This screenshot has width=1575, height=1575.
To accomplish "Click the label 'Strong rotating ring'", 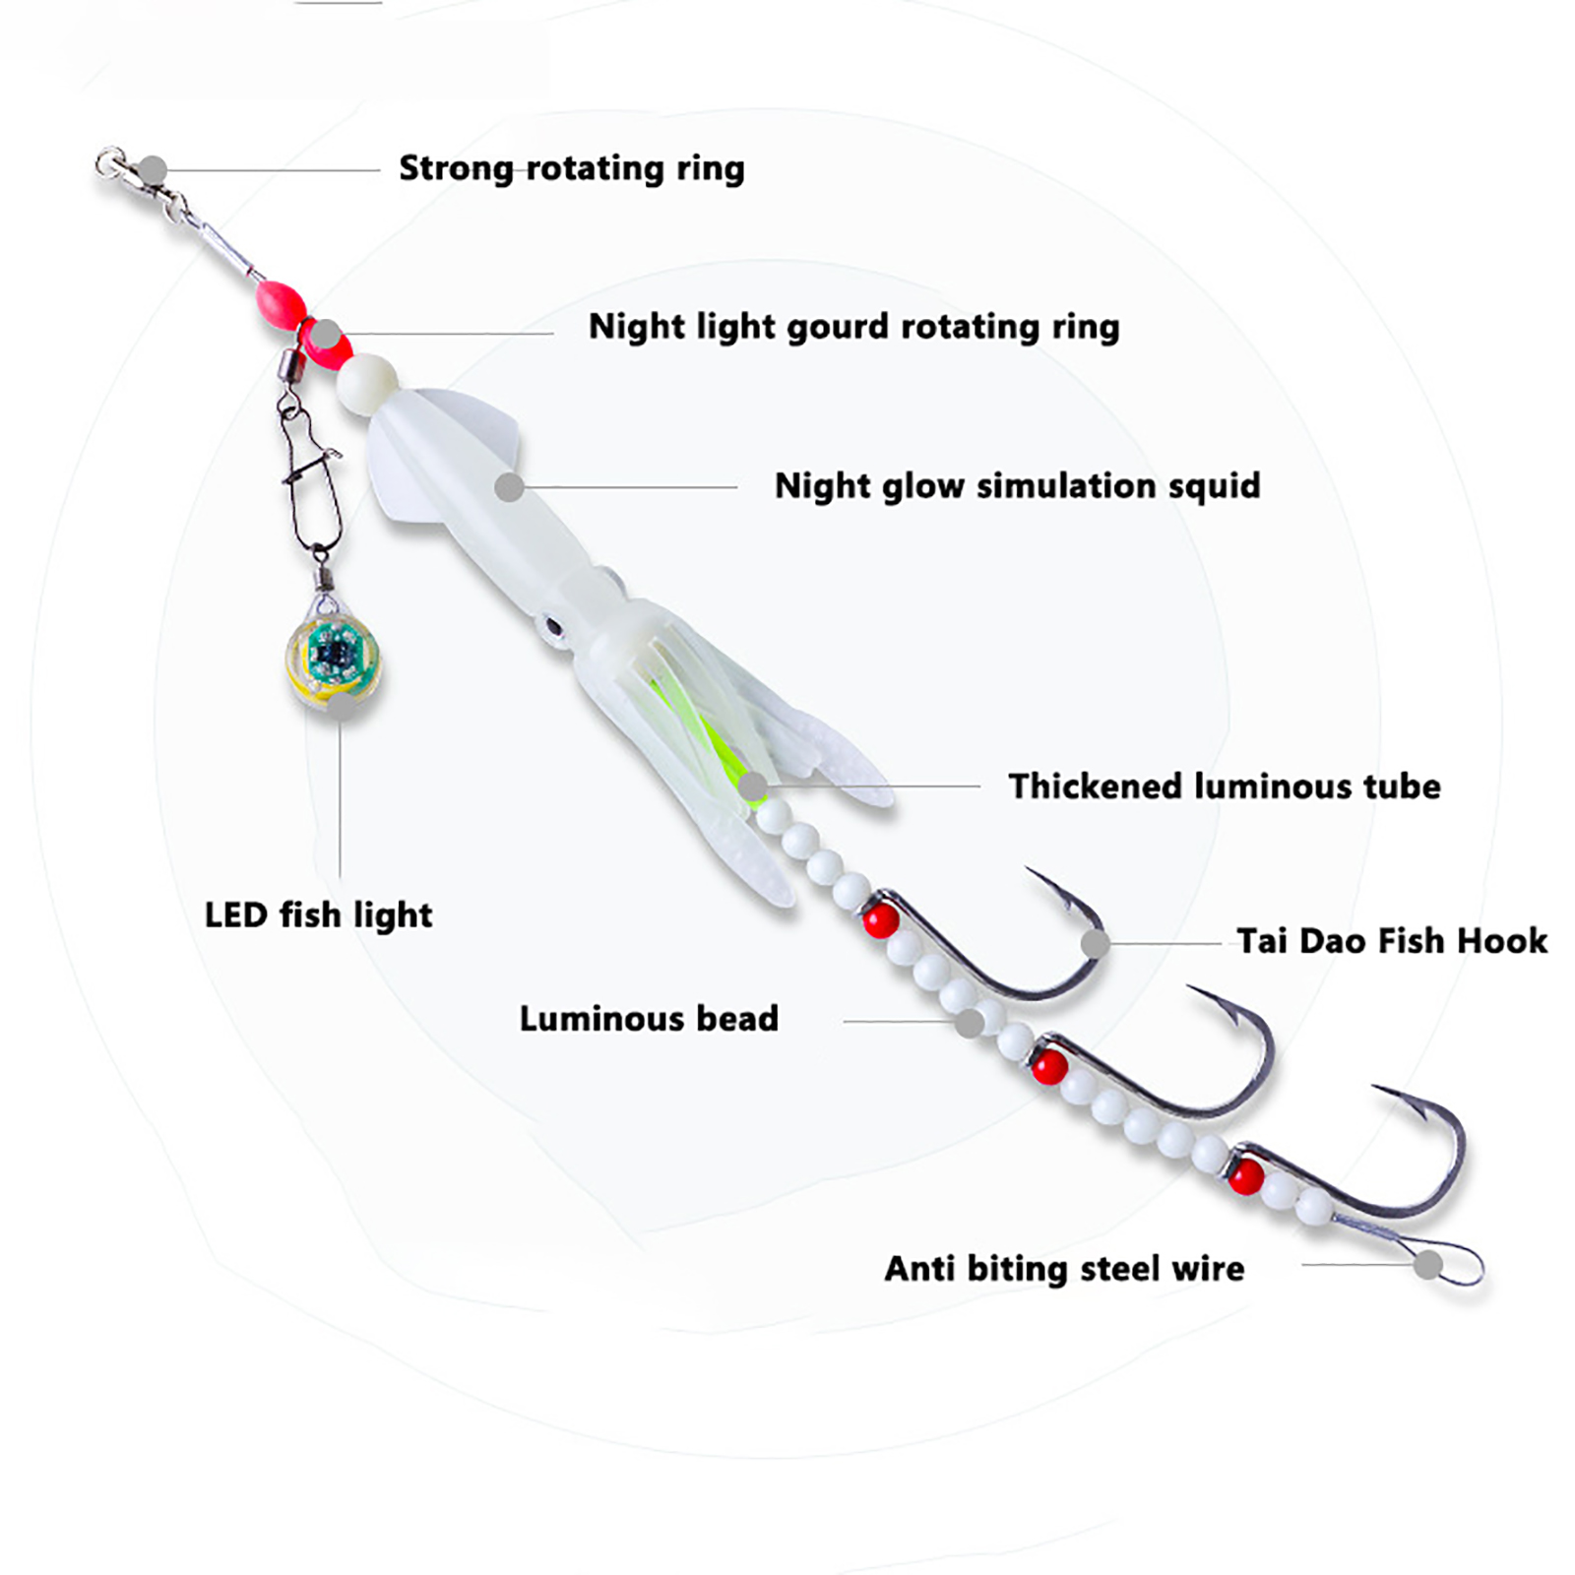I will (571, 168).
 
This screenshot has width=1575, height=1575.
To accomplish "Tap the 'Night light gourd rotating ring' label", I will (853, 327).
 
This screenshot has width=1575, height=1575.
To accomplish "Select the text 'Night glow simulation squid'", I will (1017, 486).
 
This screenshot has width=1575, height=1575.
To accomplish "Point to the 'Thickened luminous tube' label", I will (1224, 787).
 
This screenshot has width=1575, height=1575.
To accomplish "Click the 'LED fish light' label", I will (318, 915).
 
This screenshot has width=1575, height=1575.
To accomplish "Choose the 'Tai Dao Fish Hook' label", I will (1391, 941).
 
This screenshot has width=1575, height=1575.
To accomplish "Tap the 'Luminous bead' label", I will (649, 1019).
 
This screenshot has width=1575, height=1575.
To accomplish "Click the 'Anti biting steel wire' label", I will (1063, 1269).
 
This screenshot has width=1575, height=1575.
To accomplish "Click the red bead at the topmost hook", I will (880, 920).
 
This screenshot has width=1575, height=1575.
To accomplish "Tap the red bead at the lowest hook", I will (1245, 1174).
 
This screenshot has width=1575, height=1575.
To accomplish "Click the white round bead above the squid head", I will (367, 379).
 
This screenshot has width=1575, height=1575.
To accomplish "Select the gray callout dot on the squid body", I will (509, 486).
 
